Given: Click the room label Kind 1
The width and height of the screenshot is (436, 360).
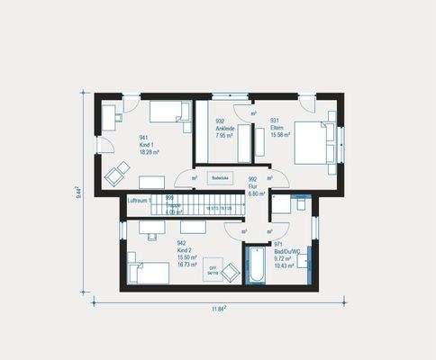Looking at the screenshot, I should click(147, 145).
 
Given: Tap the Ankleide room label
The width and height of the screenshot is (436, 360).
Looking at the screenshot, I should click(225, 129).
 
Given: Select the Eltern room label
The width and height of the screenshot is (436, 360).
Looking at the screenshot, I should click(277, 129).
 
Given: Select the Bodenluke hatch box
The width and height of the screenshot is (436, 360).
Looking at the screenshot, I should click(221, 178).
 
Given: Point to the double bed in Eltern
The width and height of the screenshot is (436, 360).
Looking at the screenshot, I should click(311, 143).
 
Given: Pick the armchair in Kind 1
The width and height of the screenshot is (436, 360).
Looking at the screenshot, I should click(117, 174).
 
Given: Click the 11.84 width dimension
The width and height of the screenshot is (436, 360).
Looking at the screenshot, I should click(219, 309).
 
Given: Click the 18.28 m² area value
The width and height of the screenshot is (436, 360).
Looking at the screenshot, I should click(149, 152).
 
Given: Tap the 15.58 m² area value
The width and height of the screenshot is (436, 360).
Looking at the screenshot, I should click(280, 136).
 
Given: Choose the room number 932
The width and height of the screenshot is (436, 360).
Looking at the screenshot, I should click(220, 121).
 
